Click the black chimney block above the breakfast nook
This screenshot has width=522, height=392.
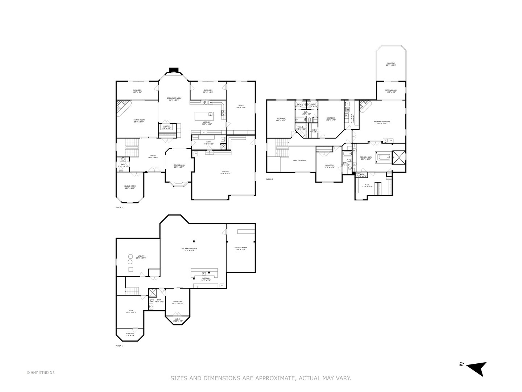click(x=174, y=70)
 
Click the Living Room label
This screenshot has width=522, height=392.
click(x=130, y=187)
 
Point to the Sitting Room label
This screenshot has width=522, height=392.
click(x=391, y=91)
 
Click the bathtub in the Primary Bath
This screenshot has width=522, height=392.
click(x=383, y=157)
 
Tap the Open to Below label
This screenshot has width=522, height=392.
click(x=299, y=160)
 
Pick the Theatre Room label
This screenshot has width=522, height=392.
click(x=241, y=248)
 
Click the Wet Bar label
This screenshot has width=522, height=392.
click(x=206, y=279)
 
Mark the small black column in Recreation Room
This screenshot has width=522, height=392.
click(x=194, y=241)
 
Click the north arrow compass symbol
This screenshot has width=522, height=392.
click(x=476, y=368)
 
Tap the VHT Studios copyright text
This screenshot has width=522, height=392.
click(x=41, y=372)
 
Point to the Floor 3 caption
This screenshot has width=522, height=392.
click(x=270, y=179)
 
